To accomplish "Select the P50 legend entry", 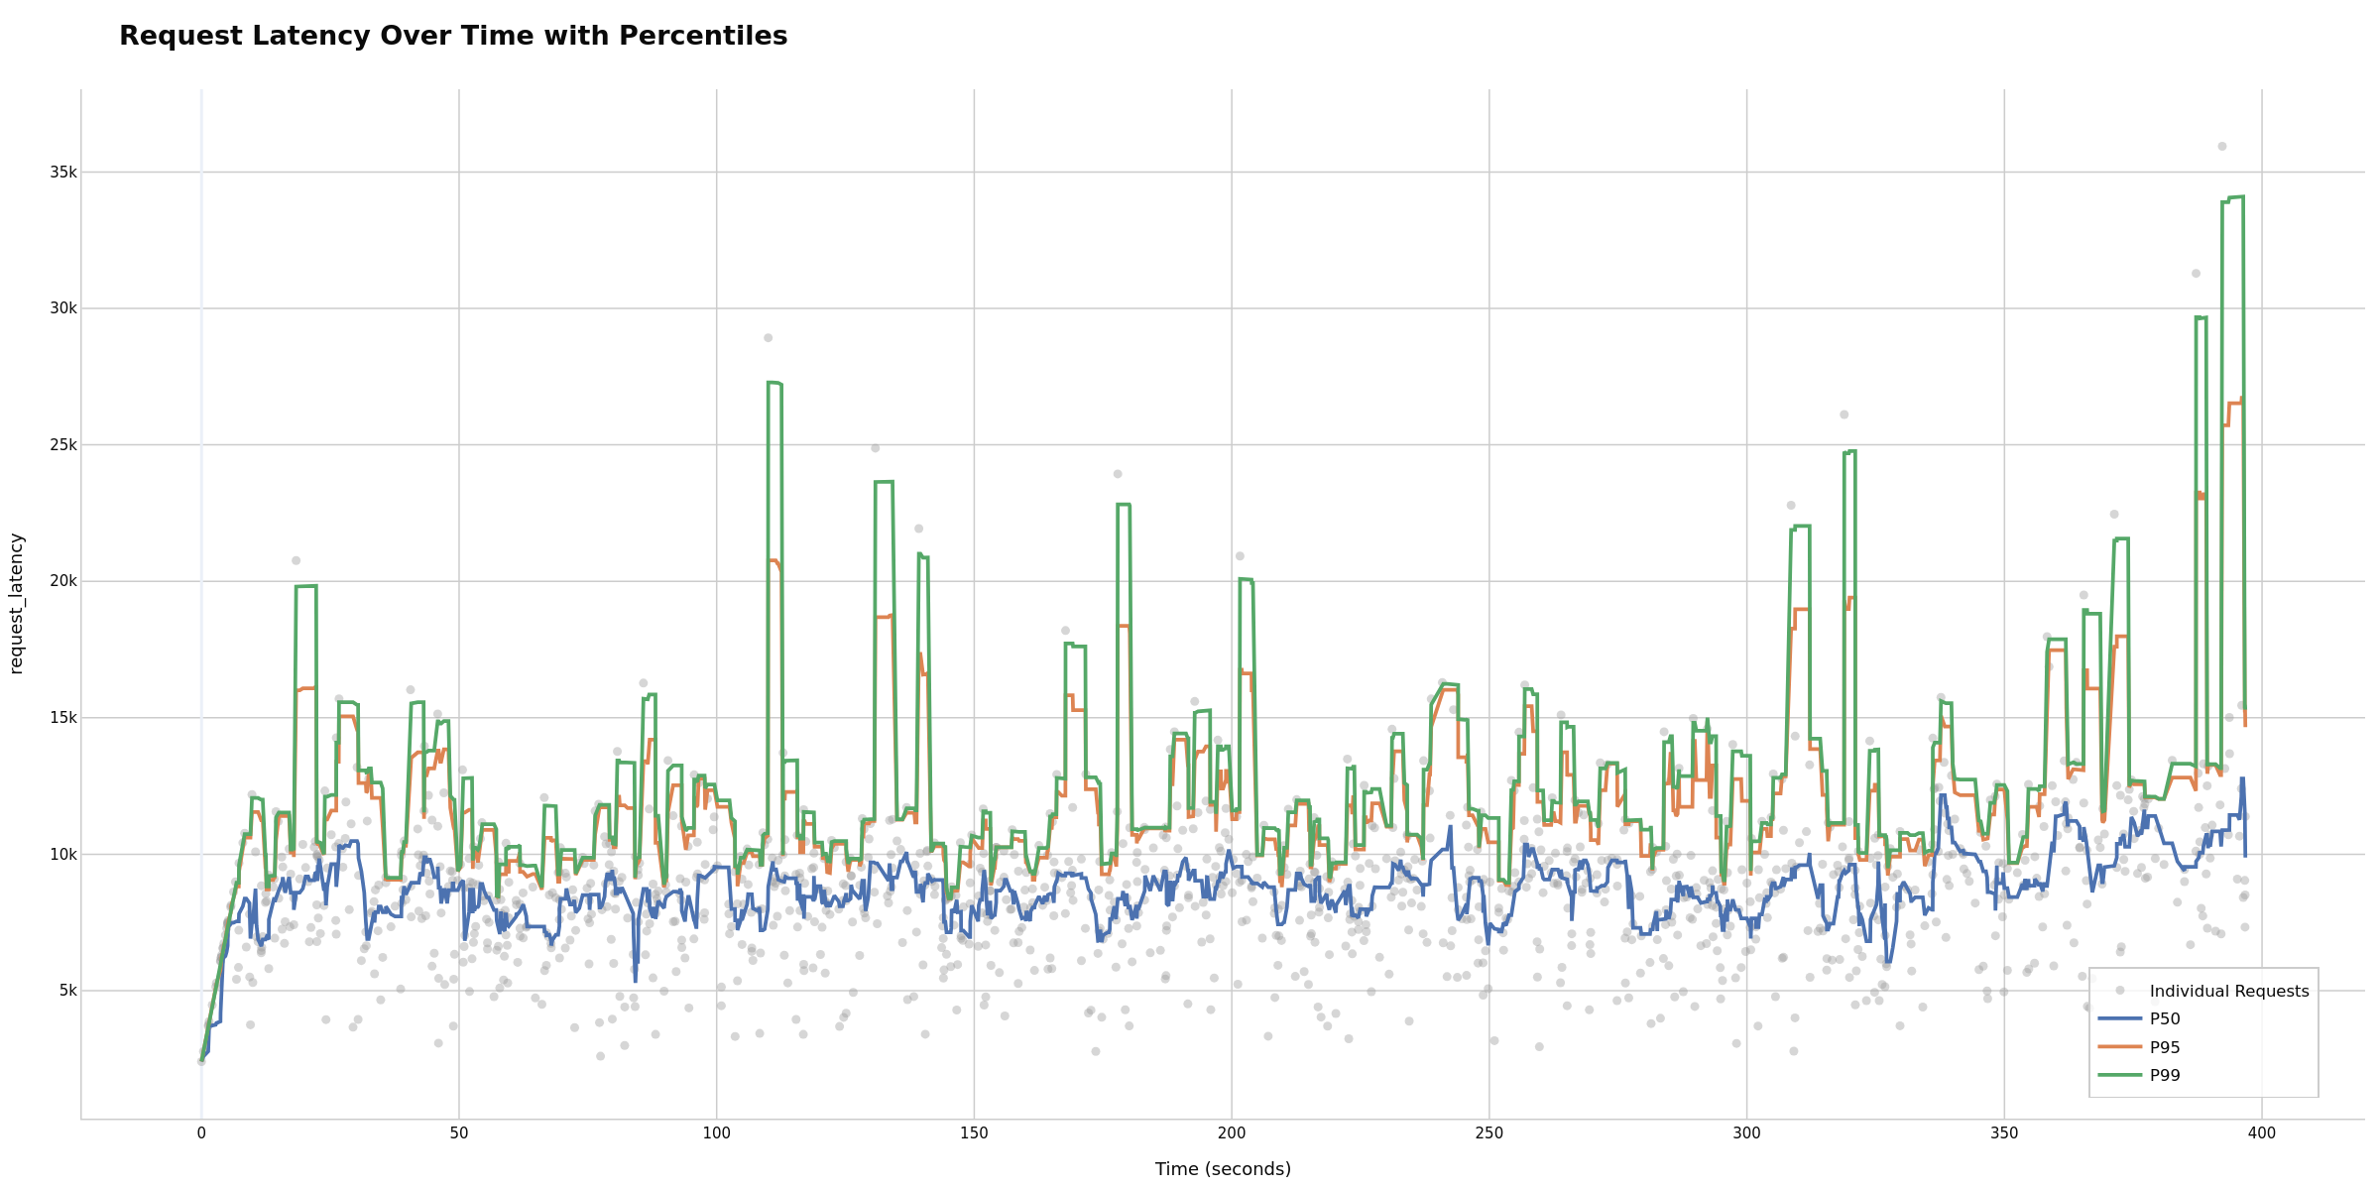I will click(2165, 1018).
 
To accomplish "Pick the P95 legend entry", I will click(2165, 1047).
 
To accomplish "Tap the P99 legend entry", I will click(2165, 1075).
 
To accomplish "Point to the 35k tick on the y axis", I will click(62, 173).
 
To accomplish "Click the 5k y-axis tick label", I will click(66, 991).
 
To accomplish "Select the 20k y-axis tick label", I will click(62, 581).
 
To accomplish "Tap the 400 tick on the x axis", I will click(2261, 1132).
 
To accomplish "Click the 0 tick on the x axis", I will click(201, 1132).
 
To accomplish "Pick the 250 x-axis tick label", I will click(1488, 1132).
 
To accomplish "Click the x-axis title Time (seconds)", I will click(1223, 1169).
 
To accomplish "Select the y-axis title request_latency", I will click(16, 603).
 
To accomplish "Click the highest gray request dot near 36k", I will click(2222, 146).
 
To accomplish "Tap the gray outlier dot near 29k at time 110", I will click(768, 338).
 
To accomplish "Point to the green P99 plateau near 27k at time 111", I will click(774, 383).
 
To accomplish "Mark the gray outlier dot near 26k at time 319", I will click(1844, 415).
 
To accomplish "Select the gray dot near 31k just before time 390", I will click(2196, 274).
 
